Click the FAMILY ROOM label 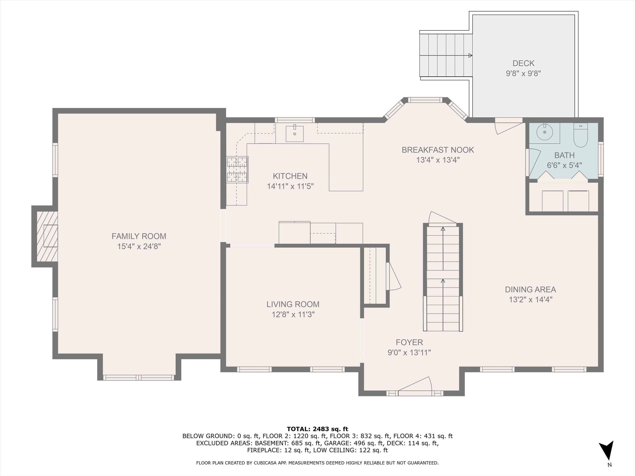139,236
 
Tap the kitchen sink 295,134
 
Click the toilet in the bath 580,135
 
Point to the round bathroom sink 545,132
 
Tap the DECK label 524,63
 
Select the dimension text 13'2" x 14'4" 530,300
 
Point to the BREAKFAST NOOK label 438,150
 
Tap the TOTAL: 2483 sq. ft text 317,429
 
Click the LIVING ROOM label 293,304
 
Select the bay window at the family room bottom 139,378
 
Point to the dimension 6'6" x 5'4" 564,165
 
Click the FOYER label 409,342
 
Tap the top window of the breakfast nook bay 425,100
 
